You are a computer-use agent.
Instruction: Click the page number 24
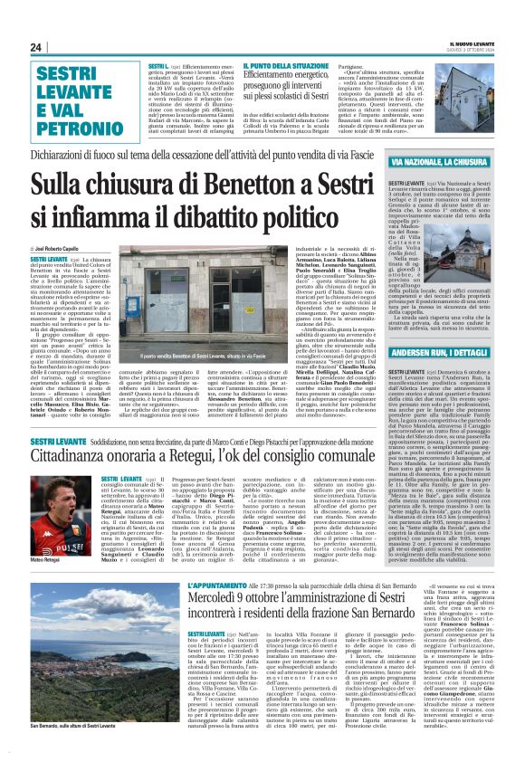[36, 47]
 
